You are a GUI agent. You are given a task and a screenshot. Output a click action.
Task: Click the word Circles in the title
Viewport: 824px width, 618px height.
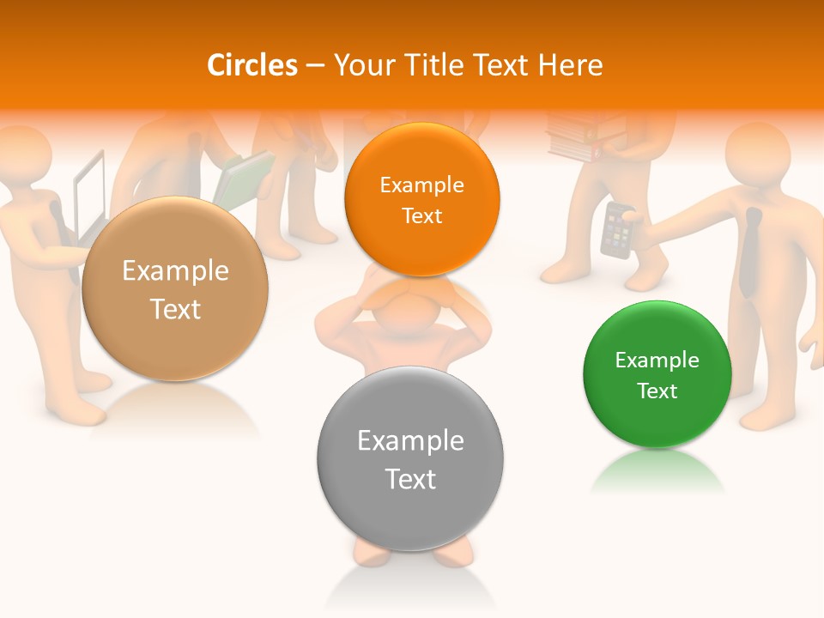coord(252,65)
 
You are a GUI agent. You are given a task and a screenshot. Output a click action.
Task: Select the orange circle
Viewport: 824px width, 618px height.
coord(421,199)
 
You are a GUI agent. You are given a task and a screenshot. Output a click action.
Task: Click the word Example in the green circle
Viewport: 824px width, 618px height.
coord(657,360)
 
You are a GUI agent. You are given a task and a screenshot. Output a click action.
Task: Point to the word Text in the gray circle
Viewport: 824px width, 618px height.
coord(410,479)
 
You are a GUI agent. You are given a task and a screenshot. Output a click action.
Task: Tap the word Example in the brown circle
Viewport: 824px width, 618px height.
coord(175,271)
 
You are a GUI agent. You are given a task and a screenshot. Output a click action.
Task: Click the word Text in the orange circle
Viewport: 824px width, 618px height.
coord(421,215)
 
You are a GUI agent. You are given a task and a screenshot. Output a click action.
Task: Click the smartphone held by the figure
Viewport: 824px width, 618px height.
coord(616,229)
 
